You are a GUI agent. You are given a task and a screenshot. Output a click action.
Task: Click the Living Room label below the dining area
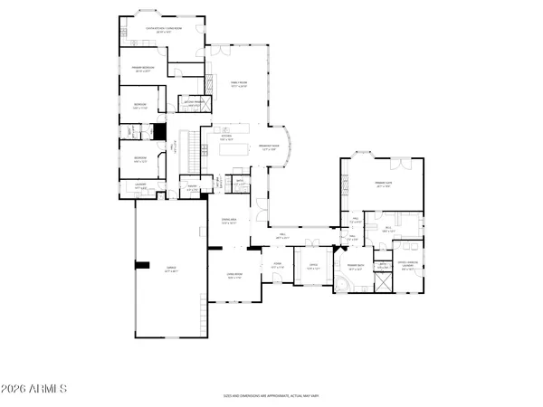pos(234,278)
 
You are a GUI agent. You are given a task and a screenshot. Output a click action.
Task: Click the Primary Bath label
pos(354,265)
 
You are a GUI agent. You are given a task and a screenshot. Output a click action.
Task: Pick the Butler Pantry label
pos(193,102)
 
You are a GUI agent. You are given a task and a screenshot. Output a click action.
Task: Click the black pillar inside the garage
pos(142,265)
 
